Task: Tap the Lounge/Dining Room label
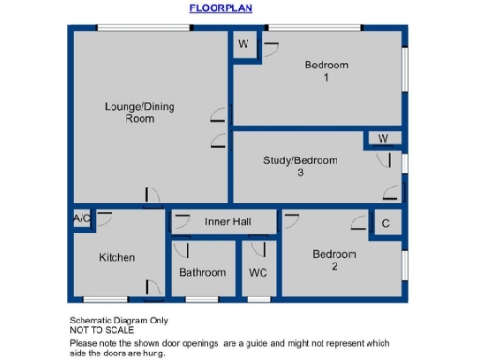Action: pos(139,112)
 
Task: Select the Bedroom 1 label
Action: pos(326,71)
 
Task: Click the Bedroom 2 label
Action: pos(335,260)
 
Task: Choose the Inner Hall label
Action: pos(224,222)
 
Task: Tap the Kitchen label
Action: pos(117,257)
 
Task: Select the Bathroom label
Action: pos(202,273)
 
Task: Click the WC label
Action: pos(258,273)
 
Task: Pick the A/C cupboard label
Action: pos(82,219)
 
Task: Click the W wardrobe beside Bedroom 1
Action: pos(243,45)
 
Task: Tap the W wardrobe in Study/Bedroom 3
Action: pos(382,139)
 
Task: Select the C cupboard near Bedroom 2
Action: pos(385,224)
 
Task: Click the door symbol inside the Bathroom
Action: pos(181,249)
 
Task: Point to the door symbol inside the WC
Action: pos(259,249)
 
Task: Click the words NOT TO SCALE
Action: pos(102,330)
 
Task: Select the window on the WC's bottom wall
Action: pos(258,299)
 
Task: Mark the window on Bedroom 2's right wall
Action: pos(405,264)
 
